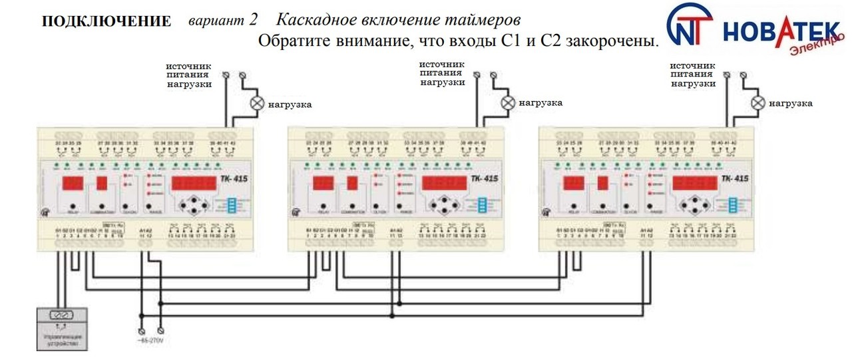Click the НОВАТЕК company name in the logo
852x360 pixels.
click(780, 32)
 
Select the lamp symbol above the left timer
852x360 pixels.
click(256, 103)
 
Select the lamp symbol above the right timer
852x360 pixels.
click(757, 102)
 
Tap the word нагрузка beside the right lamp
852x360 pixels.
click(791, 104)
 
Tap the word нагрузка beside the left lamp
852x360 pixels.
click(290, 104)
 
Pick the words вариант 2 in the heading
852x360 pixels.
click(223, 20)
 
